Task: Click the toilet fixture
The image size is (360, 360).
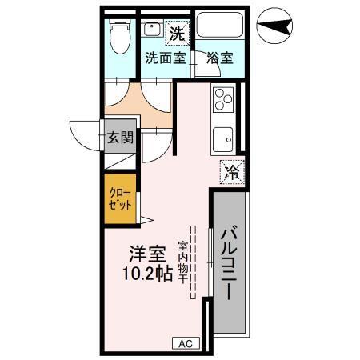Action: pyautogui.click(x=121, y=37)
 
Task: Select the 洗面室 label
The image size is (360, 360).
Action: pyautogui.click(x=165, y=58)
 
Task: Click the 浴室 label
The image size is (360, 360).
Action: pyautogui.click(x=219, y=58)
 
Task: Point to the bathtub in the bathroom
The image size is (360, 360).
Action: pyautogui.click(x=220, y=27)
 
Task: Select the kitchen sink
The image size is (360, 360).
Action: pyautogui.click(x=223, y=140)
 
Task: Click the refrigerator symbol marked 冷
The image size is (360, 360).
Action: pyautogui.click(x=230, y=170)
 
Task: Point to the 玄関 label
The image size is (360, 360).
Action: pyautogui.click(x=120, y=137)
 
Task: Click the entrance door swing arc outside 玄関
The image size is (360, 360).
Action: pyautogui.click(x=83, y=136)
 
